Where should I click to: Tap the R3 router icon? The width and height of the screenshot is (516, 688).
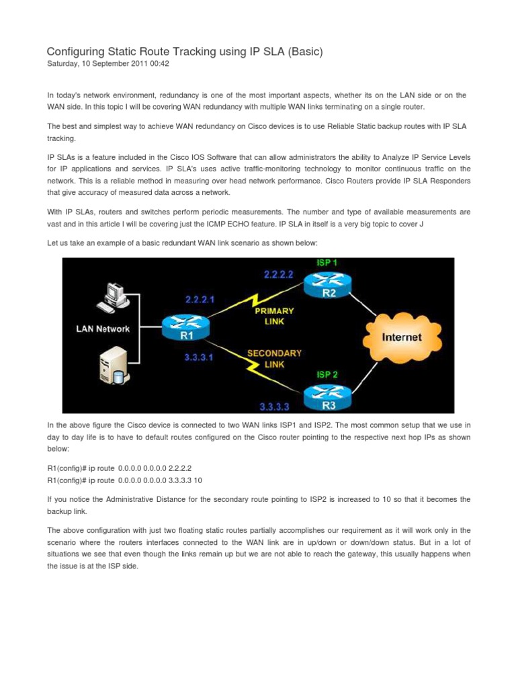point(326,396)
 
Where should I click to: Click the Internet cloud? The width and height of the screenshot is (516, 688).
point(402,337)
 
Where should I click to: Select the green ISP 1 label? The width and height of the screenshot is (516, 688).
point(326,263)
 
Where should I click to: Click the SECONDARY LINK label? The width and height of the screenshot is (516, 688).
point(274,359)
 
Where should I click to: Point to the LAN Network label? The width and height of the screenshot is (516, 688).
point(102,329)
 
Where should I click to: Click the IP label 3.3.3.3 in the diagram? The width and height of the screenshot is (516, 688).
point(276,405)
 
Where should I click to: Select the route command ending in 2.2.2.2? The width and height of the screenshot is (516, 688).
point(119,468)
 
